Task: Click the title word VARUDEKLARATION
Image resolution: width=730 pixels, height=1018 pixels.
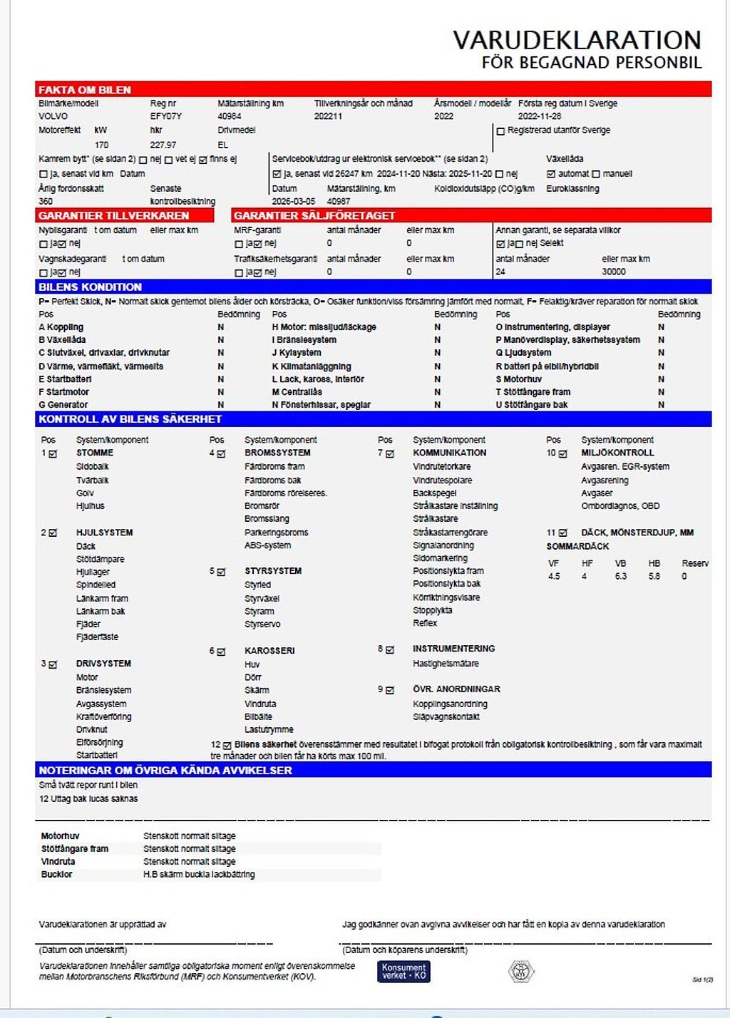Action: click(577, 40)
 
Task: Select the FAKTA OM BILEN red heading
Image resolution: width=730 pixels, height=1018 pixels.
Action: click(84, 90)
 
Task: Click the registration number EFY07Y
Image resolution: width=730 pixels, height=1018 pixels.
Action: click(165, 116)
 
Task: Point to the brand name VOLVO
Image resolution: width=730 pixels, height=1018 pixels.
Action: click(53, 116)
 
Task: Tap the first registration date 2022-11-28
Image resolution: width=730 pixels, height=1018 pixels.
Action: click(539, 116)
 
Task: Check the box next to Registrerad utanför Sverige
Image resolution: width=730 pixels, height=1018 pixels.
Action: click(500, 131)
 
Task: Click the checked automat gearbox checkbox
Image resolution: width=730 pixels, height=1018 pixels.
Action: click(550, 174)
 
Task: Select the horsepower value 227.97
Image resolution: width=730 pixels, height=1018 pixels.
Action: click(163, 145)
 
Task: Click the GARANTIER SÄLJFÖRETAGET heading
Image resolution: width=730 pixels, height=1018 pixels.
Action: click(314, 215)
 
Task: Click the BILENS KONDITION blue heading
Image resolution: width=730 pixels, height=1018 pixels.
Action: click(90, 287)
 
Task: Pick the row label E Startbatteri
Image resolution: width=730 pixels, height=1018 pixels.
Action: click(65, 379)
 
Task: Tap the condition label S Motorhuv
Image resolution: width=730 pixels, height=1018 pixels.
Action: click(518, 379)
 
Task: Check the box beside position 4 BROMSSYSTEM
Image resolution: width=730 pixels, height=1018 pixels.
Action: click(221, 453)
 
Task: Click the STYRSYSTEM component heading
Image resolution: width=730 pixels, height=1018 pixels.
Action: click(272, 571)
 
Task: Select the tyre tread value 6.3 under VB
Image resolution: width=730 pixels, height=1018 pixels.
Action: click(620, 576)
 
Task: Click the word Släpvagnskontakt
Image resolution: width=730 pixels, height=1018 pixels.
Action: click(446, 716)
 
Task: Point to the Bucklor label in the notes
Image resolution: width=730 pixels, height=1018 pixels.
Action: click(56, 874)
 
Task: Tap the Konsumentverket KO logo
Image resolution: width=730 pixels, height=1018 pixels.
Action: click(403, 971)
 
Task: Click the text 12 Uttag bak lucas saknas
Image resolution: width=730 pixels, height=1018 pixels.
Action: click(88, 798)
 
